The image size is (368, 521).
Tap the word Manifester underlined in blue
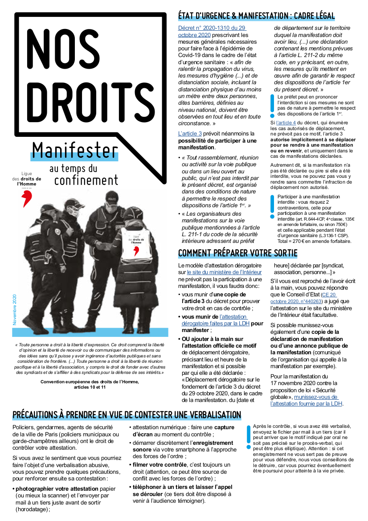point(75,151)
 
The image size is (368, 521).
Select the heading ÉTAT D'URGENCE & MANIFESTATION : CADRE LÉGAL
point(256,16)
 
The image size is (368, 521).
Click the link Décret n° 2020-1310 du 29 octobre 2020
point(212,31)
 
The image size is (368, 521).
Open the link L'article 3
point(190,133)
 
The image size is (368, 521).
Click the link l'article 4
point(286,122)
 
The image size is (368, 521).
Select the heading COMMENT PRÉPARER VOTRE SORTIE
point(237,254)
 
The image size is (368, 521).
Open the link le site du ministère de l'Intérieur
point(225,272)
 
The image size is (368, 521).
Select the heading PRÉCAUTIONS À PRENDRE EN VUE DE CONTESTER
point(127,415)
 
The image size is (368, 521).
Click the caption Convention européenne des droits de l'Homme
point(90,382)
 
